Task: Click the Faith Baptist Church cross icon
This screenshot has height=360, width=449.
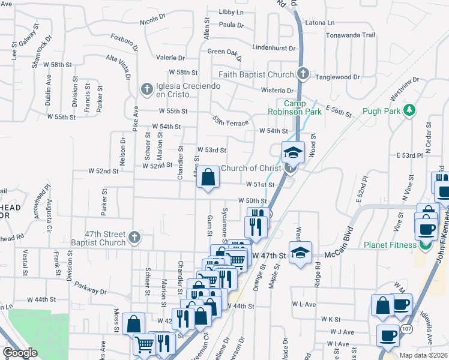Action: (x=303, y=74)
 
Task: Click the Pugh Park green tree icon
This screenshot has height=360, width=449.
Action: (x=410, y=110)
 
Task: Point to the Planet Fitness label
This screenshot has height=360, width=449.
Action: (x=390, y=245)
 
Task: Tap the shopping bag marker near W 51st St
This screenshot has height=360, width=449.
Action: (x=208, y=178)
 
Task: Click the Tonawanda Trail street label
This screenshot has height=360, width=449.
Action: (x=351, y=35)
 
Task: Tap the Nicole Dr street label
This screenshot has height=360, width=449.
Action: (x=152, y=20)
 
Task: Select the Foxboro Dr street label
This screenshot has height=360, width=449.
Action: (x=124, y=42)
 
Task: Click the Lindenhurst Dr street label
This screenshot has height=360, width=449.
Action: (x=274, y=47)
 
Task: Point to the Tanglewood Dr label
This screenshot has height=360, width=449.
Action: (x=338, y=77)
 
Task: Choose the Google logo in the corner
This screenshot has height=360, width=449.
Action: (x=20, y=353)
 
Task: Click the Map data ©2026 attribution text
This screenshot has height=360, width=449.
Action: (x=423, y=355)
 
